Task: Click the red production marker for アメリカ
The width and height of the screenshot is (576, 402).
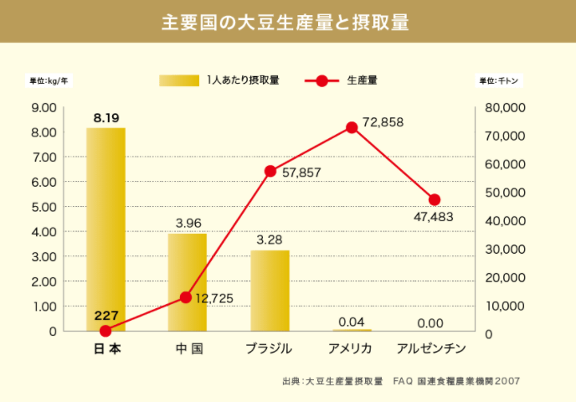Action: coord(352,127)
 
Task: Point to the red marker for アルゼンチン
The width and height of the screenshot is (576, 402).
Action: coord(434,199)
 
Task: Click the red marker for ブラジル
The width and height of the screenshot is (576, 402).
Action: coord(270,171)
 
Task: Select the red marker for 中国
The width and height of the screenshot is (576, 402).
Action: coord(188,297)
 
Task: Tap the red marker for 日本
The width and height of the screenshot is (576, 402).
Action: coord(105,332)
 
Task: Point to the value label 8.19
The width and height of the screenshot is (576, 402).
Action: coord(105,117)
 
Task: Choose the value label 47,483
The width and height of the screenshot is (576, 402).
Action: coord(434,217)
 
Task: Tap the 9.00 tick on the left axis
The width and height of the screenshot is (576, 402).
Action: coord(43,107)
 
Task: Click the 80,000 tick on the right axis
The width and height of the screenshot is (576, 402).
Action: coord(505,107)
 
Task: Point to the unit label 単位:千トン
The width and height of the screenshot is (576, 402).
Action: coord(499,81)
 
